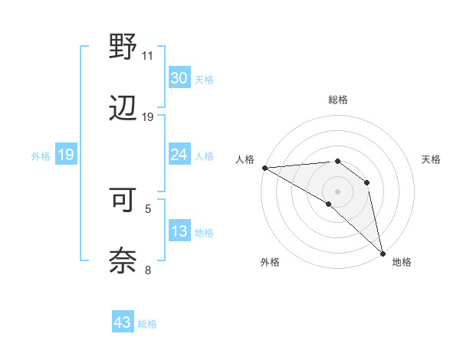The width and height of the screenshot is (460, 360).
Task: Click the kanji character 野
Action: [123, 47]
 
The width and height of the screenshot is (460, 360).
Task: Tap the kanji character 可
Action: [123, 199]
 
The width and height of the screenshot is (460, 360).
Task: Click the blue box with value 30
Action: [179, 77]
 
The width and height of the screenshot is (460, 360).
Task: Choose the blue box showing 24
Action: [179, 155]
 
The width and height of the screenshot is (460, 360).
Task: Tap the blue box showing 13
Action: [179, 231]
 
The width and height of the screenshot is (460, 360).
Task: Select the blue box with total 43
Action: [123, 322]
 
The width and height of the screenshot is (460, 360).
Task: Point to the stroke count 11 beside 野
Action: [147, 56]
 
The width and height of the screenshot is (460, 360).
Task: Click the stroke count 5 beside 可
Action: [148, 208]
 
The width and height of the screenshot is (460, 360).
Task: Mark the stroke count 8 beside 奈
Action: [148, 269]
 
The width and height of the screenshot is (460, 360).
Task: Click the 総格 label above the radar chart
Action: [338, 100]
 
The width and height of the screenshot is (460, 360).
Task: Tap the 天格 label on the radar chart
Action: [432, 159]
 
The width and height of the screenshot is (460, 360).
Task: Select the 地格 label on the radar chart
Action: [402, 262]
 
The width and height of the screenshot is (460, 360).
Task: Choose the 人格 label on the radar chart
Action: [245, 159]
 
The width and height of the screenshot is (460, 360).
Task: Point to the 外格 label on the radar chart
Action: [270, 262]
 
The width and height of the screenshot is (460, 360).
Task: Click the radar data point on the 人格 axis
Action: [264, 168]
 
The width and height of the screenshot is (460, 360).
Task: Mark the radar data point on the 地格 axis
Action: [383, 252]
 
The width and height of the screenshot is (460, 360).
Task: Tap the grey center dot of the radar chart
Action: [338, 191]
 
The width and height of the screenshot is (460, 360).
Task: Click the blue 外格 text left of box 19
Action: [41, 155]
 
